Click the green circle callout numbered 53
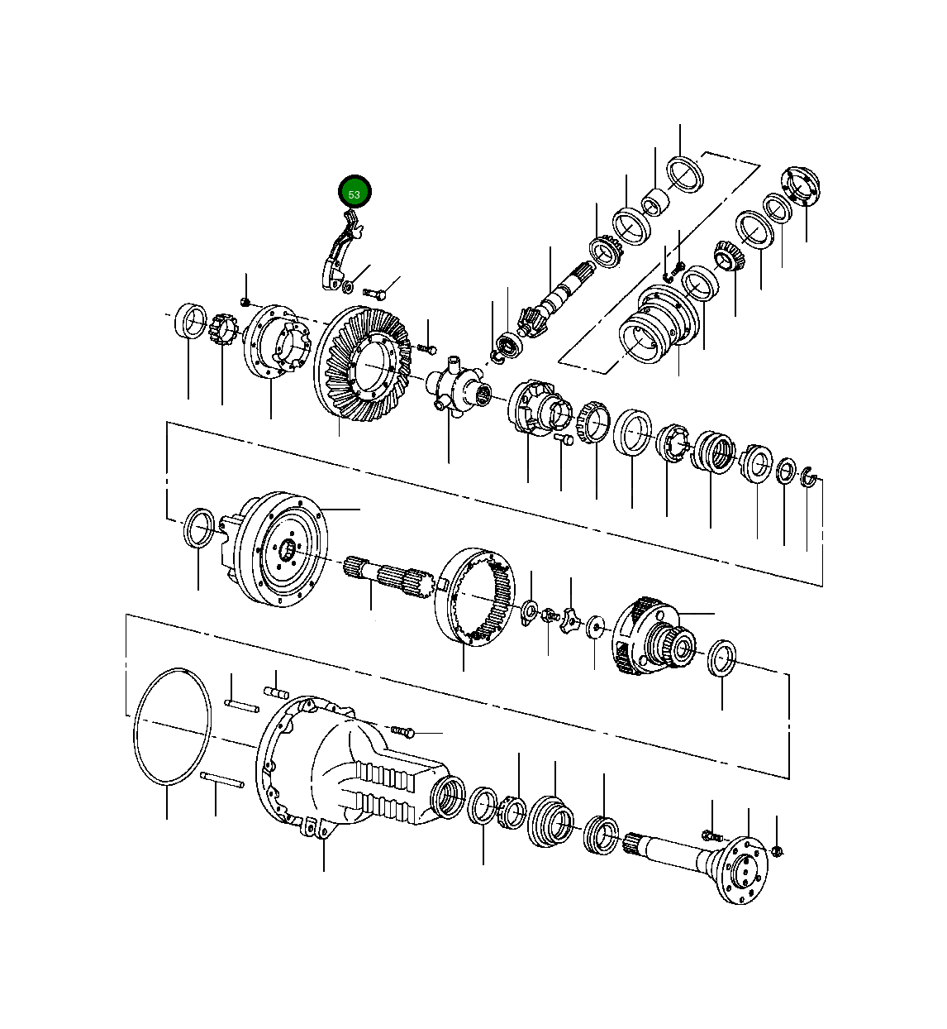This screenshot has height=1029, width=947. (x=355, y=193)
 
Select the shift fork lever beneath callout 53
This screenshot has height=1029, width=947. (x=340, y=251)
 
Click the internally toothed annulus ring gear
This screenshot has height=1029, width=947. (x=476, y=596)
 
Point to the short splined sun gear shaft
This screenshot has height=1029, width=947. (x=388, y=575)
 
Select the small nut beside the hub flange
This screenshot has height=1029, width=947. (x=778, y=850)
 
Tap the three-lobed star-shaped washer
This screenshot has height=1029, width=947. (x=570, y=620)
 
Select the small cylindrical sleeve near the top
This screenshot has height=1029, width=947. (x=656, y=201)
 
